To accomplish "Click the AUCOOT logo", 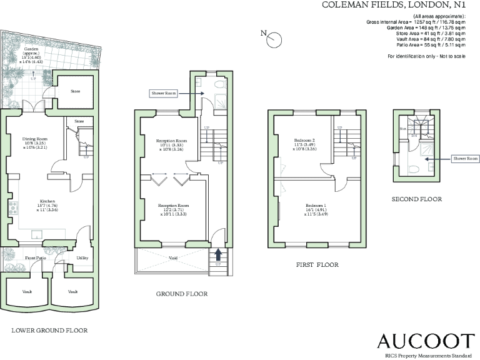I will pyautogui.click(x=426, y=341).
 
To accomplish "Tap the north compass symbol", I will pyautogui.click(x=274, y=40).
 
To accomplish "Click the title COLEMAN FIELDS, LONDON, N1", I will pyautogui.click(x=394, y=5).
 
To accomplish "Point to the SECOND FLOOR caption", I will pyautogui.click(x=417, y=199).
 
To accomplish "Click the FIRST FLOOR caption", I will pyautogui.click(x=317, y=265).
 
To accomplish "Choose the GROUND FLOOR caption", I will pyautogui.click(x=182, y=293).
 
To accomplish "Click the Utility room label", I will pyautogui.click(x=82, y=257).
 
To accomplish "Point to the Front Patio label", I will pyautogui.click(x=36, y=257).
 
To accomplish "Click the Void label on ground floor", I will pyautogui.click(x=172, y=257).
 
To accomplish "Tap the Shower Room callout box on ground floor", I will pyautogui.click(x=163, y=93).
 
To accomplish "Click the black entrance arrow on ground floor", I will pyautogui.click(x=218, y=254).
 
